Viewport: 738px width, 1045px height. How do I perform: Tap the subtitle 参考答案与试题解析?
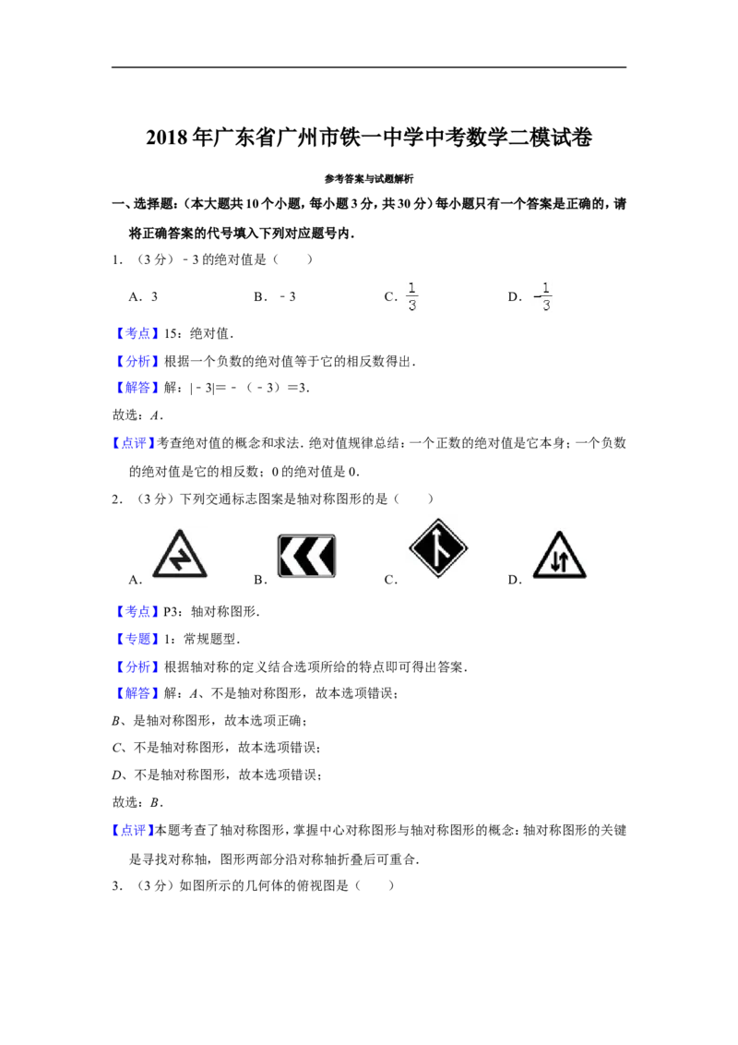(x=369, y=178)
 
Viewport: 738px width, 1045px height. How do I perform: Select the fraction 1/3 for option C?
(x=411, y=296)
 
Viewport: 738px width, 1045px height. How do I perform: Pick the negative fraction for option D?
(x=543, y=296)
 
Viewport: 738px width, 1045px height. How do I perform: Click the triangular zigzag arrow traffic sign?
(x=179, y=555)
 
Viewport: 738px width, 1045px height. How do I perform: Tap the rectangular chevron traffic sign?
(x=307, y=555)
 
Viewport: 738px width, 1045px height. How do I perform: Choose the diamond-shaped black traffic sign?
(x=438, y=547)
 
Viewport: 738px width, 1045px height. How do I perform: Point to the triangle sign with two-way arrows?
(x=559, y=555)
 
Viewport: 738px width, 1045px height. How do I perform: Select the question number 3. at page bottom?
(x=117, y=885)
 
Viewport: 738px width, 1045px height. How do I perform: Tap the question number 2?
(x=117, y=499)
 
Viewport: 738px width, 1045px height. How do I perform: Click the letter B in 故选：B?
(x=155, y=802)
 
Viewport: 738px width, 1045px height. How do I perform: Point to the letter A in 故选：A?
(x=155, y=415)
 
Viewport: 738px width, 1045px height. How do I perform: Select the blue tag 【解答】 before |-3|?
(x=137, y=388)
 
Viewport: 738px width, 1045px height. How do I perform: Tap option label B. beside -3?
(x=260, y=296)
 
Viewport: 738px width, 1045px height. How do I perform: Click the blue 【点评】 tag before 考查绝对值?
(x=134, y=443)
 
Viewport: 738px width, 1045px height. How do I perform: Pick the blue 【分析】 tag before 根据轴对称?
(x=137, y=667)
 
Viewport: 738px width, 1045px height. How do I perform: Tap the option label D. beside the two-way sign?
(x=515, y=580)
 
